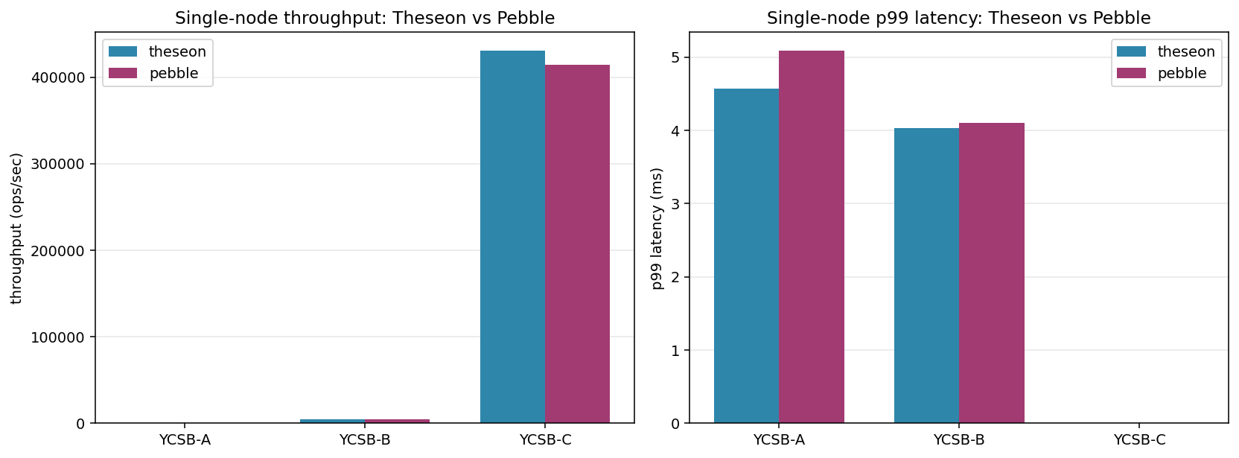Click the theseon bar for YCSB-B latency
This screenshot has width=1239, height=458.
click(x=926, y=276)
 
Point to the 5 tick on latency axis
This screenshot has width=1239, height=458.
click(x=675, y=58)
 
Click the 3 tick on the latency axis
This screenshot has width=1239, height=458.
click(x=675, y=204)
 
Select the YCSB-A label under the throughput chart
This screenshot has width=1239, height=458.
click(x=185, y=440)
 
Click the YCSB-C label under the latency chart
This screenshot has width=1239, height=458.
click(x=1139, y=440)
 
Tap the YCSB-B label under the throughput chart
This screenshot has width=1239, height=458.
click(x=365, y=440)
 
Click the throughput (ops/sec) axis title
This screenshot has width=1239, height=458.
click(x=16, y=228)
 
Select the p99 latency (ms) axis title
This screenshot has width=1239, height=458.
click(x=657, y=228)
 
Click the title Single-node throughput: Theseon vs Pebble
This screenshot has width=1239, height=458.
click(x=365, y=18)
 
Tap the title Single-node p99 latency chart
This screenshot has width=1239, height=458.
click(x=958, y=18)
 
